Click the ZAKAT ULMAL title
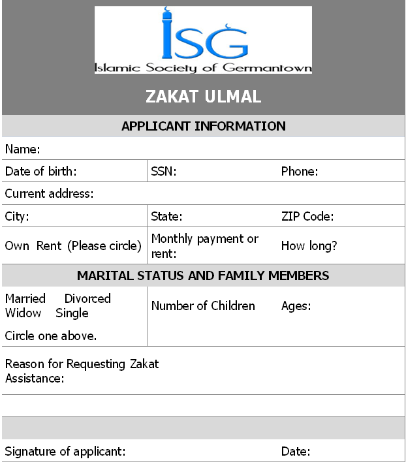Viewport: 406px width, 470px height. [x=203, y=97]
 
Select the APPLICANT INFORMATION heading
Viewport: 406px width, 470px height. [x=203, y=126]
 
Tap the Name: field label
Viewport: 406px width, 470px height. [x=23, y=149]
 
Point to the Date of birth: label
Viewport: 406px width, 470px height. [x=41, y=172]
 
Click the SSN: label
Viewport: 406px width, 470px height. [x=164, y=172]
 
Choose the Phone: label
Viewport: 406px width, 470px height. [x=300, y=172]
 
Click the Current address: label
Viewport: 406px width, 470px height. [x=50, y=194]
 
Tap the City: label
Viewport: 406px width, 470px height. [x=17, y=216]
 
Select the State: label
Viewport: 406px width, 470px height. [x=166, y=216]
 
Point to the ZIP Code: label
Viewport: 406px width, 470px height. [x=307, y=216]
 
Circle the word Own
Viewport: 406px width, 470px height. [x=17, y=246]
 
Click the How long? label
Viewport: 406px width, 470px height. [x=309, y=246]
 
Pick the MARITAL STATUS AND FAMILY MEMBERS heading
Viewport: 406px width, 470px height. [x=203, y=275]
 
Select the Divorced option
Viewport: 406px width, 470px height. [x=87, y=298]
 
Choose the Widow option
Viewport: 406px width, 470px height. [x=23, y=313]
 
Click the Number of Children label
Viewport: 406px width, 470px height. [x=203, y=305]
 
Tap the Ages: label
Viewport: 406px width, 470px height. [x=296, y=305]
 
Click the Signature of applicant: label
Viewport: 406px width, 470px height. [x=65, y=451]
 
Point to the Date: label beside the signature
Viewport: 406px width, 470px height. [x=296, y=451]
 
